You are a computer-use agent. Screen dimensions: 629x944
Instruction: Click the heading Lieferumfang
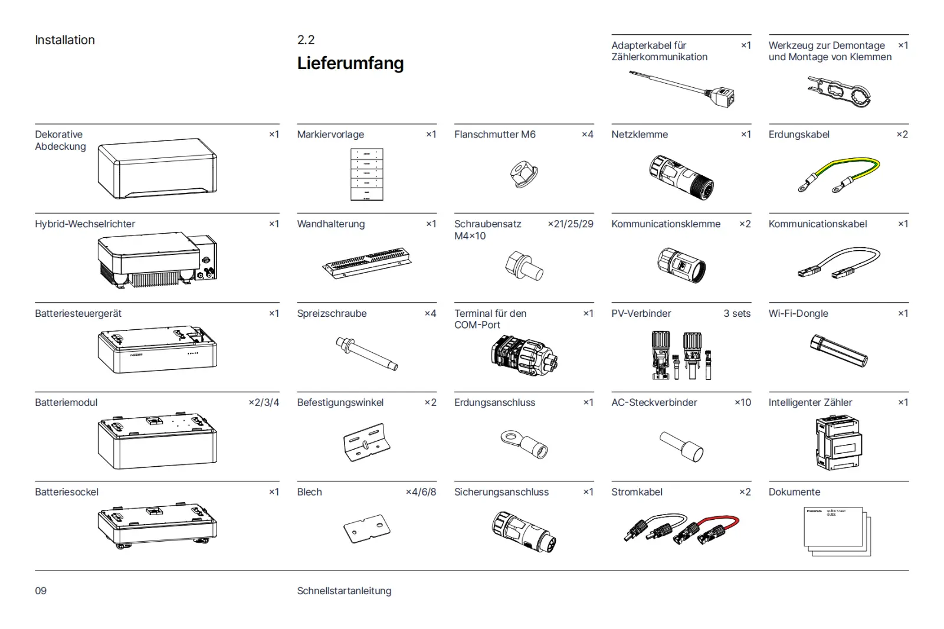350,63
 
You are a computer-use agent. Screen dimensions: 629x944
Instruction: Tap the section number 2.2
306,40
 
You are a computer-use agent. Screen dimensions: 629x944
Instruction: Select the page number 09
41,591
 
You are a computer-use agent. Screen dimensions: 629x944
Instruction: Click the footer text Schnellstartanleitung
344,591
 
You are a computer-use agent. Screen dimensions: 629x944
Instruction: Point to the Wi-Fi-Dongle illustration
838,350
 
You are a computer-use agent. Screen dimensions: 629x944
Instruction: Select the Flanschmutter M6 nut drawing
524,174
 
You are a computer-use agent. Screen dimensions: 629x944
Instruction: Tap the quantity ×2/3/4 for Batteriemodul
264,402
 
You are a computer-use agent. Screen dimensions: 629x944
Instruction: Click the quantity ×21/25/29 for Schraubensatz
571,224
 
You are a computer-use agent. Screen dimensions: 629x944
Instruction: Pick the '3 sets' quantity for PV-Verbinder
737,313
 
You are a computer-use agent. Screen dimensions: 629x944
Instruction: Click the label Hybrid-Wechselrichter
85,224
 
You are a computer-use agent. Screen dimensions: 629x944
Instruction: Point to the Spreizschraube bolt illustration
366,353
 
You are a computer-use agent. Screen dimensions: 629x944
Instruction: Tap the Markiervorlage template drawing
366,174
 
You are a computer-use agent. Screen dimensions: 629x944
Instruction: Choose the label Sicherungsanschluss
501,492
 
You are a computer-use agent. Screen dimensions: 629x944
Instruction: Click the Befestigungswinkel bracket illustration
366,442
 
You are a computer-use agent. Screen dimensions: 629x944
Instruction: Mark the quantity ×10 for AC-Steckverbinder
743,402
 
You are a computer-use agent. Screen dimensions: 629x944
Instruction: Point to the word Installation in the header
65,40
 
